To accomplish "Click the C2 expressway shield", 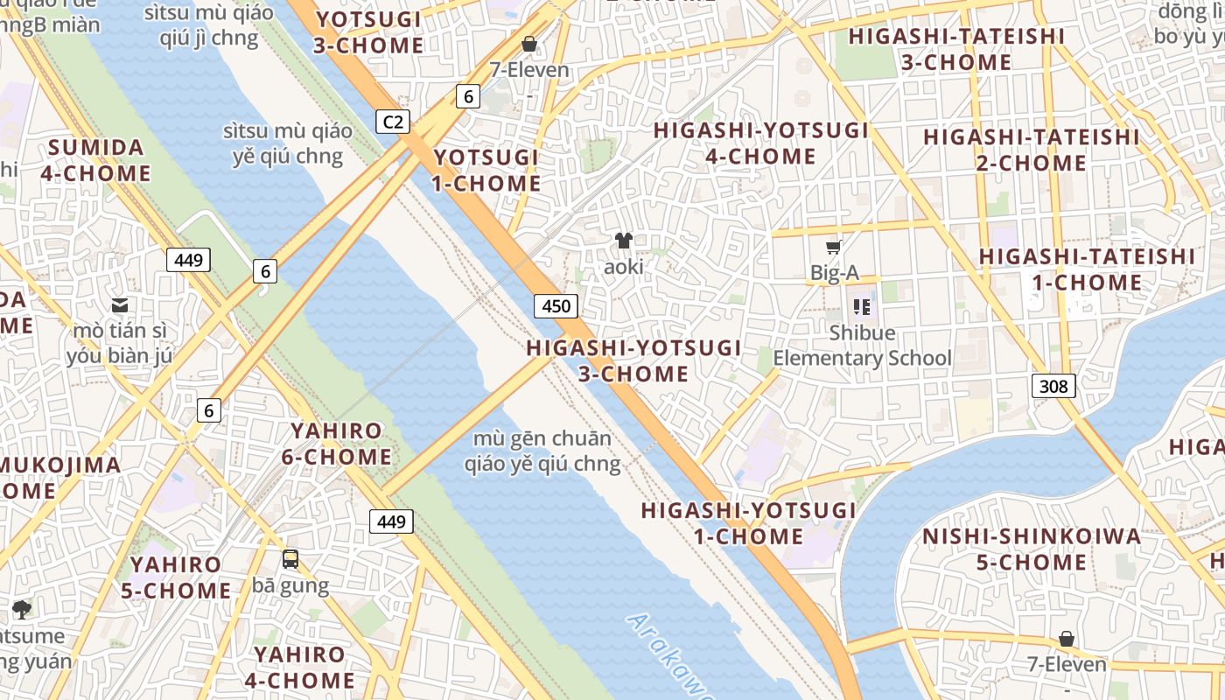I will [x=393, y=122].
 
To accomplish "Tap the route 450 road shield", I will [x=556, y=305].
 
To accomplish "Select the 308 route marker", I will [x=1053, y=385].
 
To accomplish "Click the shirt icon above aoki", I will [x=623, y=241].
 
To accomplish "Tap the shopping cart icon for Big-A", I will [x=834, y=248].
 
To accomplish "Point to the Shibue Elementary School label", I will [x=862, y=346].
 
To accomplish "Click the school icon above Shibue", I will [x=862, y=306].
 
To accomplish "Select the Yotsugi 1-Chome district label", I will [x=486, y=170].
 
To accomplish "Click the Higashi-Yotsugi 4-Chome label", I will [x=760, y=143].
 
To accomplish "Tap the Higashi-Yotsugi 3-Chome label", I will [x=633, y=360].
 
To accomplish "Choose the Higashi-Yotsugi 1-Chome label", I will [x=749, y=522].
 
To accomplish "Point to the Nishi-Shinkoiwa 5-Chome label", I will [x=1032, y=549].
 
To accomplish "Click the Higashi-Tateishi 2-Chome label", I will [x=1031, y=150].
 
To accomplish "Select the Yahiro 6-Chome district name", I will [x=337, y=444].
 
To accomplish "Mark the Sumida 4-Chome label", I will [x=95, y=159].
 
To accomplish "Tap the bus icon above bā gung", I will [x=290, y=558].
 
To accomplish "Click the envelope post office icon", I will [x=120, y=305].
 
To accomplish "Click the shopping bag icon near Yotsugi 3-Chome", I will [x=529, y=44].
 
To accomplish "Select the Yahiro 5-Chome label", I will [x=176, y=577].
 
